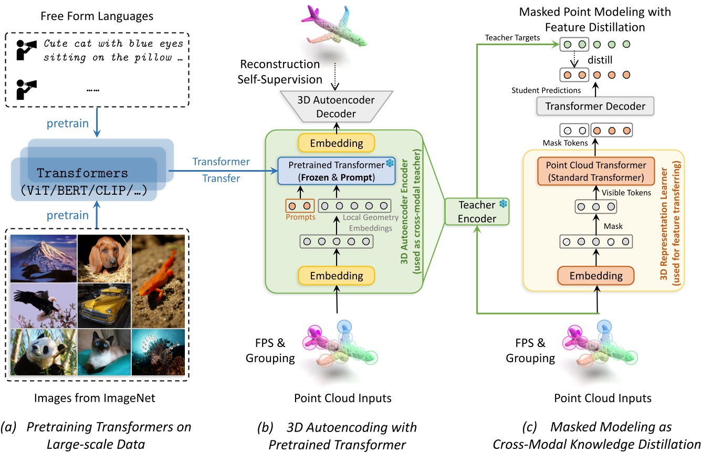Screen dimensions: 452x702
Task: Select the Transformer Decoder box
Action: tap(595, 107)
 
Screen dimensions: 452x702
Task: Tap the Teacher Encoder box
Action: tap(477, 211)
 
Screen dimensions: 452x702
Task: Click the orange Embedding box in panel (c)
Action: tap(596, 275)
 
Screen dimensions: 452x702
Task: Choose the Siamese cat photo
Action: tap(104, 351)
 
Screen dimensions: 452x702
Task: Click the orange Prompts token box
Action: tap(299, 206)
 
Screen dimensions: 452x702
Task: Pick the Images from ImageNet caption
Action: tap(98, 398)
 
